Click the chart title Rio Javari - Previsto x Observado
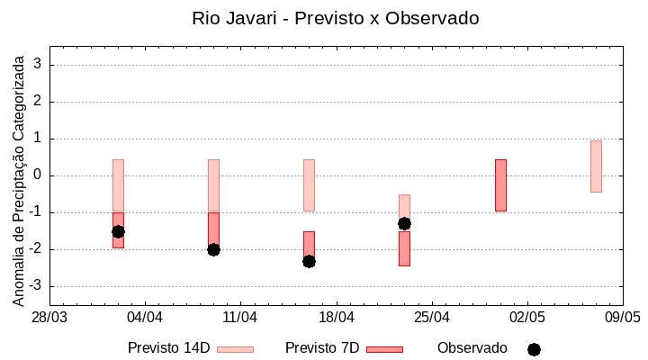[x=335, y=18]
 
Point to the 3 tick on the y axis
[x=38, y=65]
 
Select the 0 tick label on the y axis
[x=38, y=175]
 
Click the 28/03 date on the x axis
[x=49, y=318]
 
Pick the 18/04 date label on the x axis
[x=336, y=318]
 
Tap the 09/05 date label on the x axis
[x=622, y=318]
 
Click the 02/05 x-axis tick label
[x=526, y=318]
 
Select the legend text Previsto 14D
[x=168, y=348]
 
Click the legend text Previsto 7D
[x=322, y=348]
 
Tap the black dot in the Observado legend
[x=534, y=349]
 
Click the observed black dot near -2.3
[x=309, y=261]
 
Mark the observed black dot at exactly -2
[x=213, y=249]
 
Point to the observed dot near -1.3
[x=404, y=223]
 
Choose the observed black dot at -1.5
[x=118, y=231]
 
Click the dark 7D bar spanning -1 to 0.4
[x=500, y=185]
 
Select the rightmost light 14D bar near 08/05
[x=596, y=166]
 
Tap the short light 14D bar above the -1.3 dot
[x=404, y=205]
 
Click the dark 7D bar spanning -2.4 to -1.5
[x=404, y=249]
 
